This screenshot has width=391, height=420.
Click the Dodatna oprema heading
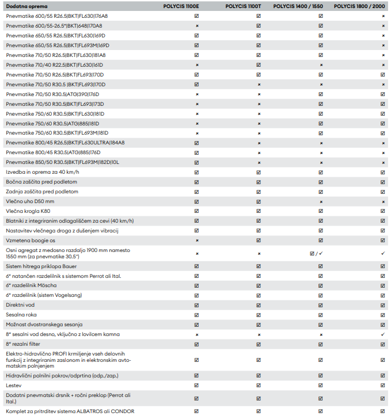click(x=22, y=6)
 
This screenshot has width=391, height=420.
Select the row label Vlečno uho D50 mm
click(x=30, y=201)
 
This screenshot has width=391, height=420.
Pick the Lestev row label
click(x=14, y=385)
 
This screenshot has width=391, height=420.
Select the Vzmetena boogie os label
click(x=31, y=240)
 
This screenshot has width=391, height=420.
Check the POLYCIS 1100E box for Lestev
click(x=196, y=385)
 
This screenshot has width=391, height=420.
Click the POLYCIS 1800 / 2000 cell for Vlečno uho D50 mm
click(x=383, y=201)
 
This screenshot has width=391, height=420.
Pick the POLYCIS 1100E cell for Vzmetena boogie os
click(x=196, y=240)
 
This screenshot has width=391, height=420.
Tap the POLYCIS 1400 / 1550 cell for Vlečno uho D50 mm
click(x=320, y=201)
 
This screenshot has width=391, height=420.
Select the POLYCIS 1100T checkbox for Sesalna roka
click(x=259, y=314)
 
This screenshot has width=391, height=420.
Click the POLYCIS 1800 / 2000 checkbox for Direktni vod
click(x=383, y=304)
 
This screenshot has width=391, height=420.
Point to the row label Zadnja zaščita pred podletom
click(x=42, y=192)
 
